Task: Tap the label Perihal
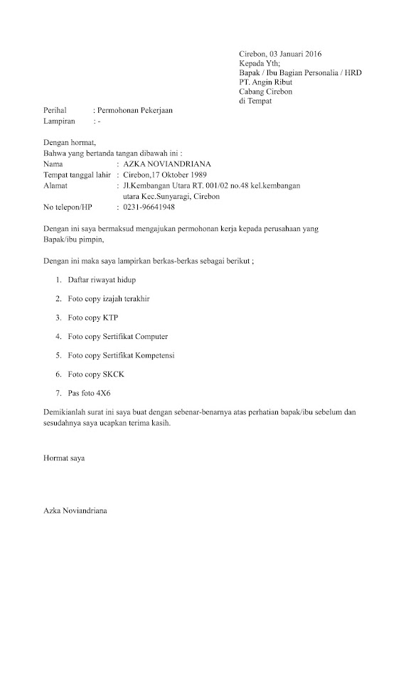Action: coord(55,110)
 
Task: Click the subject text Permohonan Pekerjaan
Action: coord(134,110)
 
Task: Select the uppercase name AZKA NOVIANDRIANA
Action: coord(167,164)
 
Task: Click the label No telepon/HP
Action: coord(68,207)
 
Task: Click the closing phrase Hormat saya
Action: coord(64,459)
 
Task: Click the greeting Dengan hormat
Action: coord(69,143)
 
